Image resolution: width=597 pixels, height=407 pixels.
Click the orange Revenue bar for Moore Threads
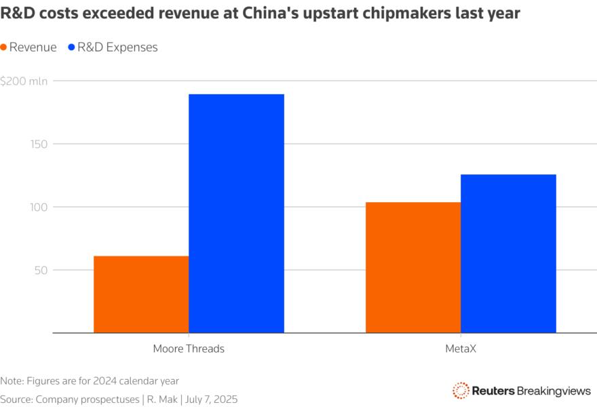(141, 294)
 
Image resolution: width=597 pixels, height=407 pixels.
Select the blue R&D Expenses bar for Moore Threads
(236, 214)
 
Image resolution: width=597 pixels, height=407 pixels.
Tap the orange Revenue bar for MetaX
(413, 268)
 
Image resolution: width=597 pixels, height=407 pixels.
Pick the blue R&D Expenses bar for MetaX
(508, 254)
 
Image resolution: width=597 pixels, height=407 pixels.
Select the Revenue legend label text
(33, 47)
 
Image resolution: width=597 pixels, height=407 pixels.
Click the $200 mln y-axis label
(24, 81)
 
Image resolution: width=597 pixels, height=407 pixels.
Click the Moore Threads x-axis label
(189, 349)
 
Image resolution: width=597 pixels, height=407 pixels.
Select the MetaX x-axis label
(461, 349)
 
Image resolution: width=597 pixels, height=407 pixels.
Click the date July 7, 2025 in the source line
(211, 400)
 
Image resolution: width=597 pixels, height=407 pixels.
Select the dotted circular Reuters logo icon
(461, 391)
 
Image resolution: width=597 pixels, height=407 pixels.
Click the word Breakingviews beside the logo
(554, 391)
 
